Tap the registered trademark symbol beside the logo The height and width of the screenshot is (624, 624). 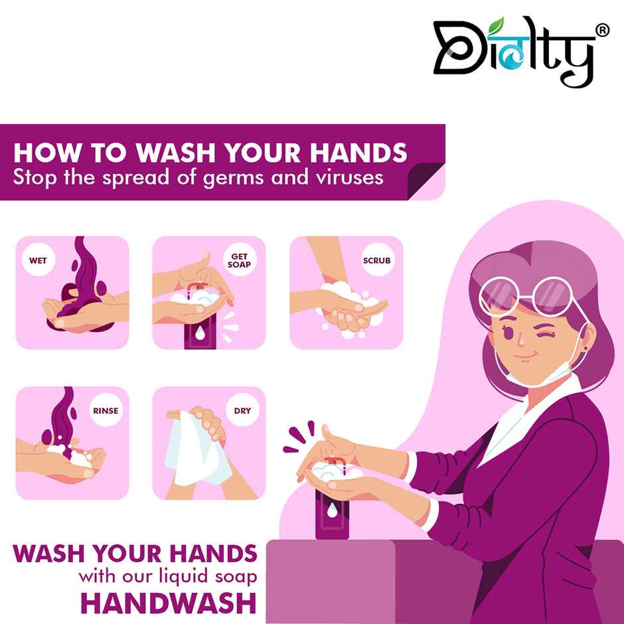pyautogui.click(x=603, y=31)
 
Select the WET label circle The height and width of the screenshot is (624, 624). pyautogui.click(x=39, y=260)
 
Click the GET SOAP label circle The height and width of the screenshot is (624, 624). pyautogui.click(x=239, y=260)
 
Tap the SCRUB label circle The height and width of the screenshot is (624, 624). pyautogui.click(x=376, y=260)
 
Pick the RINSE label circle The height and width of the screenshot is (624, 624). pyautogui.click(x=105, y=410)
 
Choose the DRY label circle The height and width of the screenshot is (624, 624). pyautogui.click(x=242, y=410)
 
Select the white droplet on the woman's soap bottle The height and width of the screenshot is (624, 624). pyautogui.click(x=332, y=510)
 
